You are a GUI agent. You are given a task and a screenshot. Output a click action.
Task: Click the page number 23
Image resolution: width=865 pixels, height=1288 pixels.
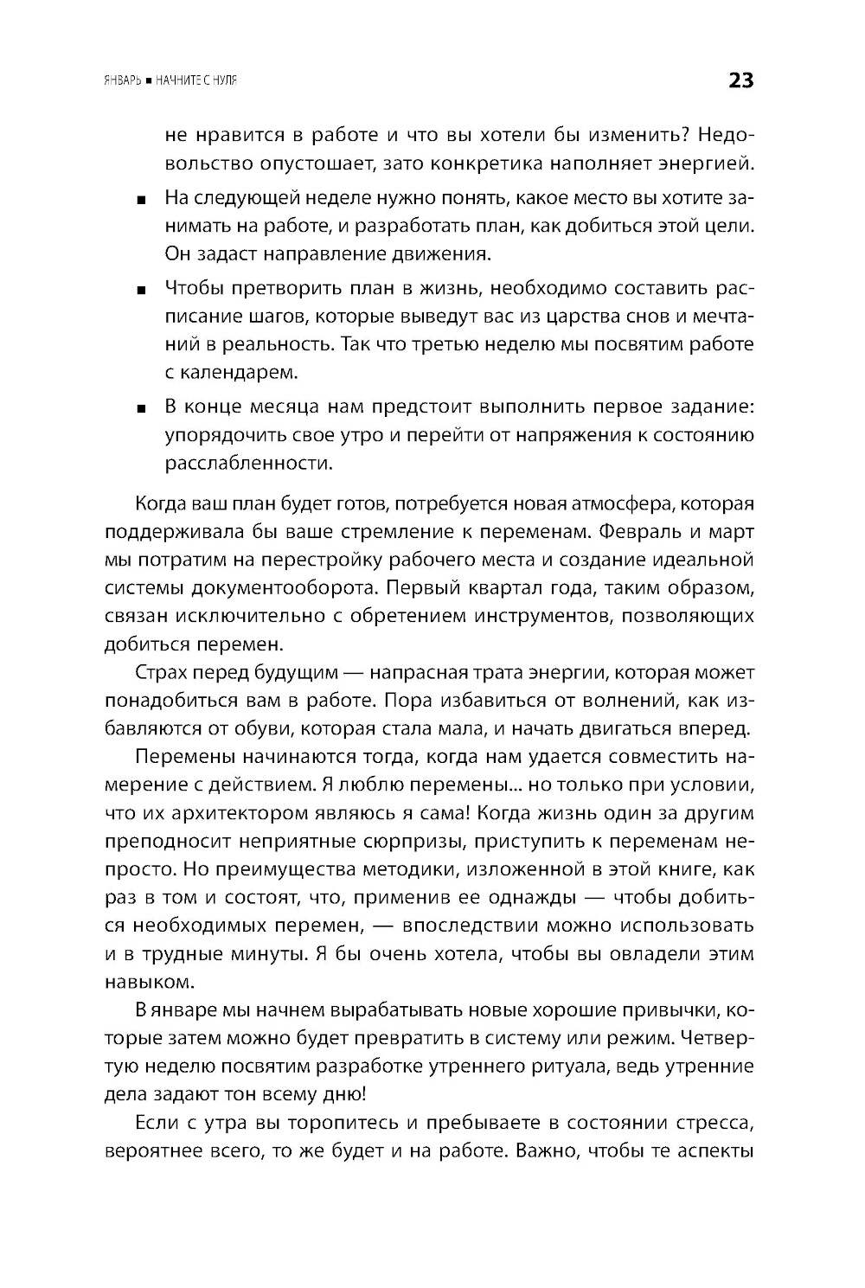pyautogui.click(x=740, y=80)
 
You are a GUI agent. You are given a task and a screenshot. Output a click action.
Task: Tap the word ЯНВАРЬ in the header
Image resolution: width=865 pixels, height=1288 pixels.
pyautogui.click(x=121, y=81)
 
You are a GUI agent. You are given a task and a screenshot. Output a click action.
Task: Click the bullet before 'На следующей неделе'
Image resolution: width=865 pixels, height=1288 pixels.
pyautogui.click(x=142, y=200)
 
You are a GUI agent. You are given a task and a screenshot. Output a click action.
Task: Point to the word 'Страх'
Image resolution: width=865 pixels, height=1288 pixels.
pyautogui.click(x=161, y=672)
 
